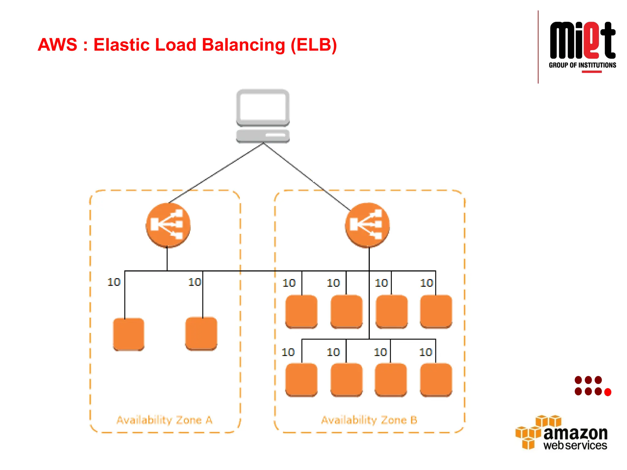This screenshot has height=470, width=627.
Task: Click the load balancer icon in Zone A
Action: tap(168, 225)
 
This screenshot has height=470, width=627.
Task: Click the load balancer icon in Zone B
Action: tap(367, 225)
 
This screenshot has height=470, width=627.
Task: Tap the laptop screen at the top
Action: tap(263, 107)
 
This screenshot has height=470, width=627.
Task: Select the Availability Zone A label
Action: tap(164, 420)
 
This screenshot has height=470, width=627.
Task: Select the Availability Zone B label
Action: tap(369, 420)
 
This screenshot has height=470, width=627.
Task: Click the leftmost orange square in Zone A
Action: tap(129, 334)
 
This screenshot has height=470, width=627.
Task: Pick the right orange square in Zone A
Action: tap(201, 334)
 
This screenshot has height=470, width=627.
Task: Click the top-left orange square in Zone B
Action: tap(301, 311)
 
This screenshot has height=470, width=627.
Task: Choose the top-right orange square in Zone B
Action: tap(436, 311)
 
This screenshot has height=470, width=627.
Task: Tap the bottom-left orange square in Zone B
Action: tap(301, 380)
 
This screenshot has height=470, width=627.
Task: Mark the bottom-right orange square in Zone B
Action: tap(436, 380)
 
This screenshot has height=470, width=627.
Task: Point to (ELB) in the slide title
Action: tap(313, 45)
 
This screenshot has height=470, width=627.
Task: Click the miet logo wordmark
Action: tap(582, 41)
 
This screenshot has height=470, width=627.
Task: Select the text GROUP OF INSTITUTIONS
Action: tap(582, 65)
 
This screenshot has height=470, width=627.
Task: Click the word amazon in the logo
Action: tap(575, 433)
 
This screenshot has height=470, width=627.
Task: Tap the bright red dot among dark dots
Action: tap(608, 392)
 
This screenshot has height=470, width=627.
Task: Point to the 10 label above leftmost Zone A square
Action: tap(114, 282)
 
